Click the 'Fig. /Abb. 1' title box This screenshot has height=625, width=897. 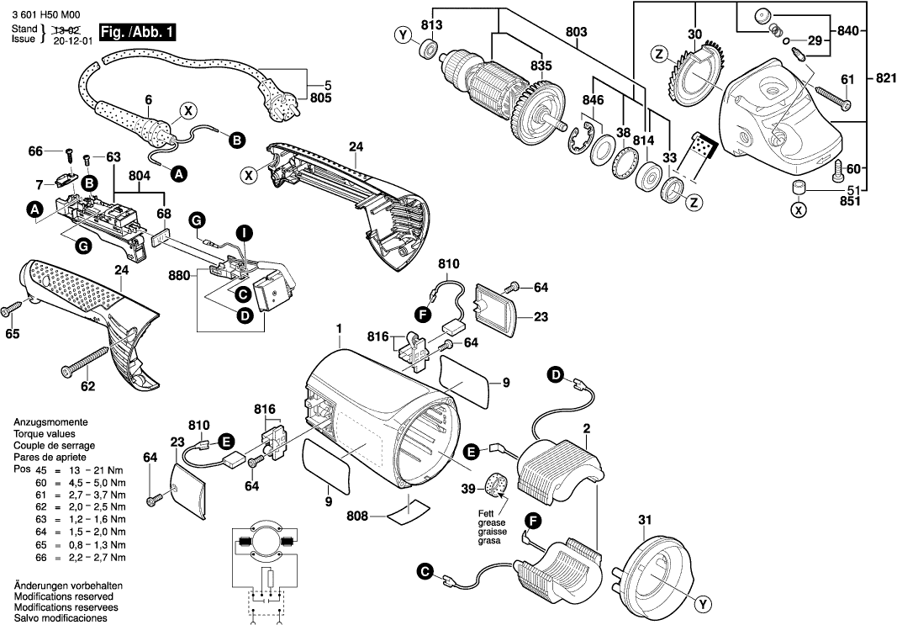[x=137, y=33]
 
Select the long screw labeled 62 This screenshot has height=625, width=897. [x=81, y=367]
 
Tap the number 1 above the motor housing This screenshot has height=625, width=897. [x=340, y=328]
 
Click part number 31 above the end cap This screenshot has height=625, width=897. [x=645, y=519]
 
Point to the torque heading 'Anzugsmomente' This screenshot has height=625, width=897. [x=50, y=421]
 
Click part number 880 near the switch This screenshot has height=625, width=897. [x=178, y=274]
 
